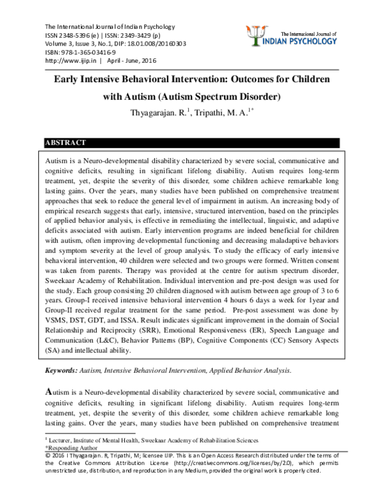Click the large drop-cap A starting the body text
[48, 389]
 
